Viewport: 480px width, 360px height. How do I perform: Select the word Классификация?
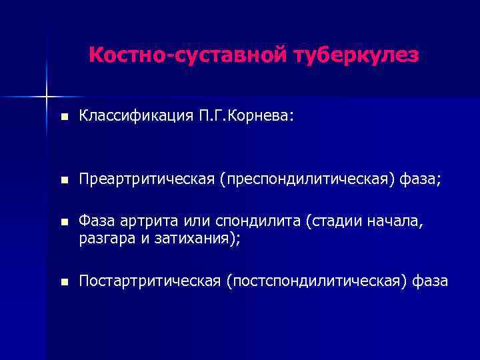click(x=137, y=117)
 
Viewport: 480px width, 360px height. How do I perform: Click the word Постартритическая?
click(x=149, y=282)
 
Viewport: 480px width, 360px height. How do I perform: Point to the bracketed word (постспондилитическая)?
click(x=315, y=282)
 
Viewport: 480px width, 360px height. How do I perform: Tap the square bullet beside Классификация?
click(x=63, y=117)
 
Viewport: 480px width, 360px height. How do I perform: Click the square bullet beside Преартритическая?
click(x=63, y=179)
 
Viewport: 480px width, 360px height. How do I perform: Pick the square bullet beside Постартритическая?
click(x=63, y=283)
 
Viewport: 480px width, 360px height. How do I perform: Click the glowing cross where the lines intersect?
click(x=47, y=97)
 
